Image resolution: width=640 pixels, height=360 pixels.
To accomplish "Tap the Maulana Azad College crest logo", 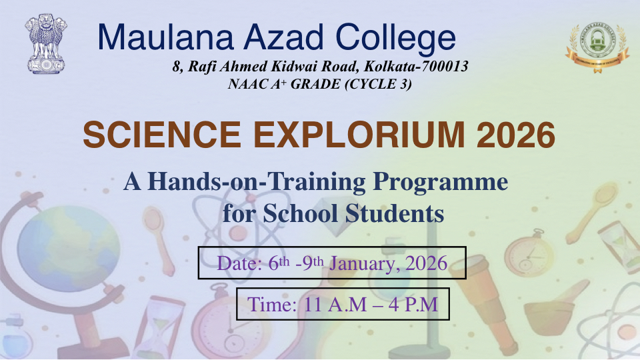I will coord(597,48).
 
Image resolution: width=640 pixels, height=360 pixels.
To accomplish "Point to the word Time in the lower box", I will coord(271,305).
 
